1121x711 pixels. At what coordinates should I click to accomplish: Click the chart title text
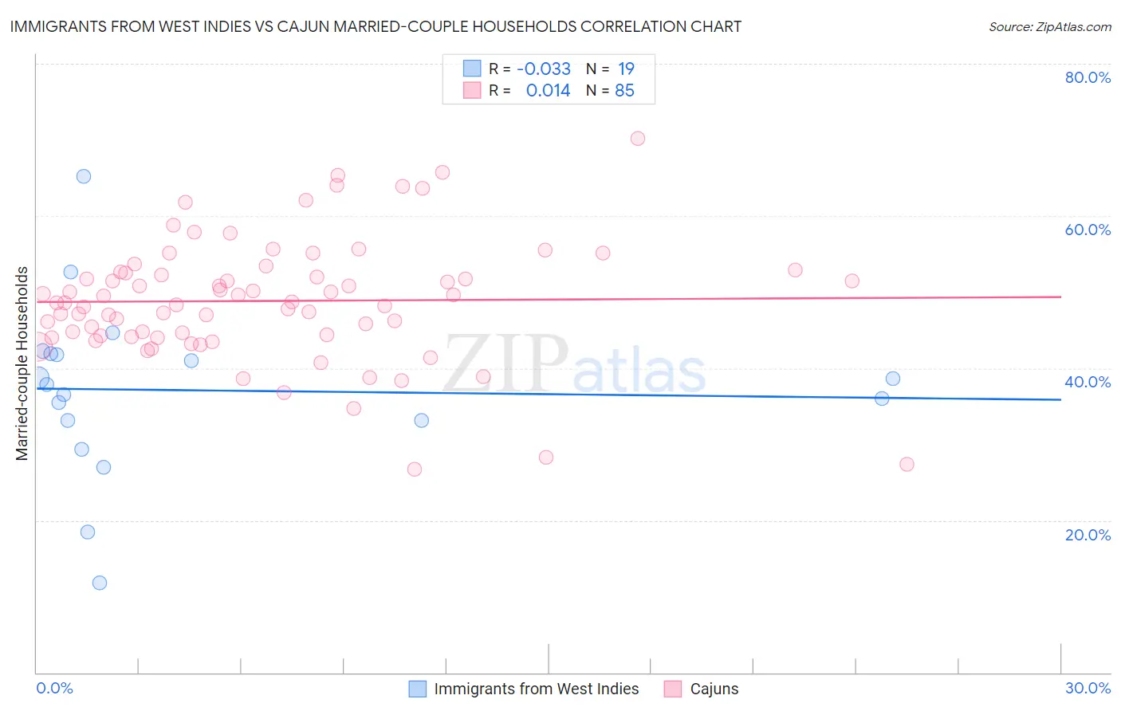(376, 26)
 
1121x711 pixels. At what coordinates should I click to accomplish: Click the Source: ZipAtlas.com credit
(1049, 26)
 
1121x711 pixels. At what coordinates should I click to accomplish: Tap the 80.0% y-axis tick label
(1088, 77)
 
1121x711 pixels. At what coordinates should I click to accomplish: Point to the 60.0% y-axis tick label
(1088, 230)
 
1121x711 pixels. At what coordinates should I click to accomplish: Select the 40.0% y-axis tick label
(1088, 382)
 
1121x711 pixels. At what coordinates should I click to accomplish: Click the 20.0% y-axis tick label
(1088, 535)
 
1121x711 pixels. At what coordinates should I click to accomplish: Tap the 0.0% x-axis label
(54, 688)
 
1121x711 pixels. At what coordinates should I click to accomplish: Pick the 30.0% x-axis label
(1088, 688)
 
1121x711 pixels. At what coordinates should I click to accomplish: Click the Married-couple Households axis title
(22, 363)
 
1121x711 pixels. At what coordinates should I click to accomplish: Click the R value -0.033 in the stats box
(544, 69)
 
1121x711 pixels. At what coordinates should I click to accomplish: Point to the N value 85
(624, 91)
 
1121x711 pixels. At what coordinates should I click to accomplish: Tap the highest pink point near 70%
(637, 138)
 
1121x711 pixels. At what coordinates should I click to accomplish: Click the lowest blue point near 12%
(100, 583)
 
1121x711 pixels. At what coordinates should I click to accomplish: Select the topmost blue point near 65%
(84, 176)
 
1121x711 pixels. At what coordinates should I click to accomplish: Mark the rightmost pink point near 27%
(907, 464)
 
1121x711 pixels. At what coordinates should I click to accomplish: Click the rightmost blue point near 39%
(893, 379)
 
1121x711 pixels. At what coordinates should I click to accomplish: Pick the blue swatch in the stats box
(472, 69)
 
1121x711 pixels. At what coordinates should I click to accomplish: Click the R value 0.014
(548, 91)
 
